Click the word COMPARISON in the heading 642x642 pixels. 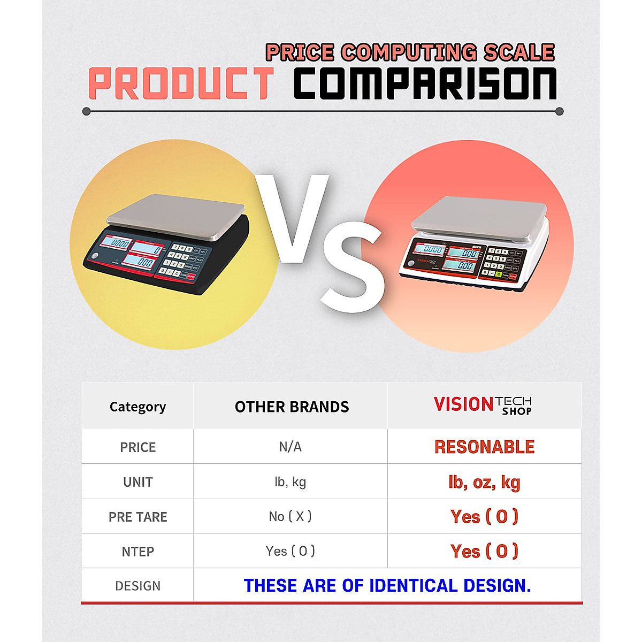coord(425,85)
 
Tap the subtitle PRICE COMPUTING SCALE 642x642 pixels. coord(410,52)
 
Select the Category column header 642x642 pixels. coord(137,407)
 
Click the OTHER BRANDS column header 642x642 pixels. coord(292,407)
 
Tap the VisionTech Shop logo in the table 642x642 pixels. coord(483,406)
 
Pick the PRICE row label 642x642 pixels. coord(137,447)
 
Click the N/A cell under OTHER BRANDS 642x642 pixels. coord(290,447)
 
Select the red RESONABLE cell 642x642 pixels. coord(484,447)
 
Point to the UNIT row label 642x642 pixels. coord(137,482)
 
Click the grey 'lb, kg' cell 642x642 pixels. coord(290,482)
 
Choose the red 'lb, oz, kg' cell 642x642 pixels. coord(484,482)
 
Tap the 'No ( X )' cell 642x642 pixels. coord(290,516)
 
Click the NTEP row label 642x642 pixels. coord(137,552)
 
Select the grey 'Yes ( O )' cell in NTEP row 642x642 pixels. coord(290,551)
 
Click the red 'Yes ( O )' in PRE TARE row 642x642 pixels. coord(484,516)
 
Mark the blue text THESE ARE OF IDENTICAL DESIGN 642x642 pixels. coord(387,585)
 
